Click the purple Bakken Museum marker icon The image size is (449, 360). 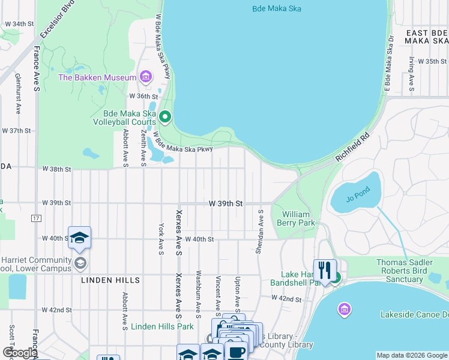(145, 77)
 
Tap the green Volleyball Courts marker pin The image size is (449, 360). (166, 117)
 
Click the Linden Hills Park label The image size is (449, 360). (162, 326)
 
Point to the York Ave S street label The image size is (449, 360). (161, 239)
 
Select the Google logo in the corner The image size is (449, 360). (19, 353)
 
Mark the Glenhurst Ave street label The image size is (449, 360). (18, 97)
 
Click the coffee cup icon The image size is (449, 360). (236, 352)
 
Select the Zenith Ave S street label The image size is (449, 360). (143, 146)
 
